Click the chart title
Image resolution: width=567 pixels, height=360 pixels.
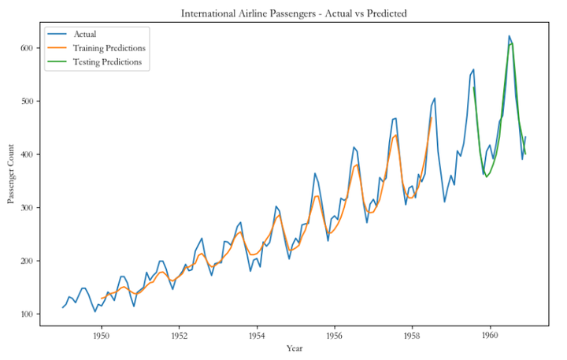coord(294,13)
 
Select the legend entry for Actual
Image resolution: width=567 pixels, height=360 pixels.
coord(86,34)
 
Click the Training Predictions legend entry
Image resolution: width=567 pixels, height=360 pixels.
coord(109,48)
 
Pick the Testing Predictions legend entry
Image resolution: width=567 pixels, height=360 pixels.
coord(108,61)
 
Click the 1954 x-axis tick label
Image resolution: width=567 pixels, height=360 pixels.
coord(257,335)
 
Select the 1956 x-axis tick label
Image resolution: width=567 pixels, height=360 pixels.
coord(335,335)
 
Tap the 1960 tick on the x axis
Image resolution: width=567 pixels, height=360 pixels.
coord(490,335)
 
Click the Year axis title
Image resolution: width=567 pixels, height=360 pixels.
coord(293,347)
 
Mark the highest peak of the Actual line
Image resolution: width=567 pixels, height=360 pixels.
coord(510,36)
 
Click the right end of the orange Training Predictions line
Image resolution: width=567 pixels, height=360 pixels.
coord(432,118)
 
